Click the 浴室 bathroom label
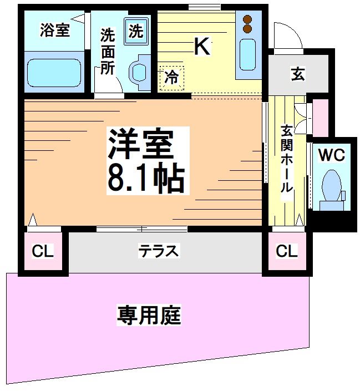pos(54,31)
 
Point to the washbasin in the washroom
pos(139,71)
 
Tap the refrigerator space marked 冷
pos(172,77)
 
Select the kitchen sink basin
pos(247,54)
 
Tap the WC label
pos(332,155)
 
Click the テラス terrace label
pos(159,251)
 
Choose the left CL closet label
pos(43,251)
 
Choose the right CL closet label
pos(287,251)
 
